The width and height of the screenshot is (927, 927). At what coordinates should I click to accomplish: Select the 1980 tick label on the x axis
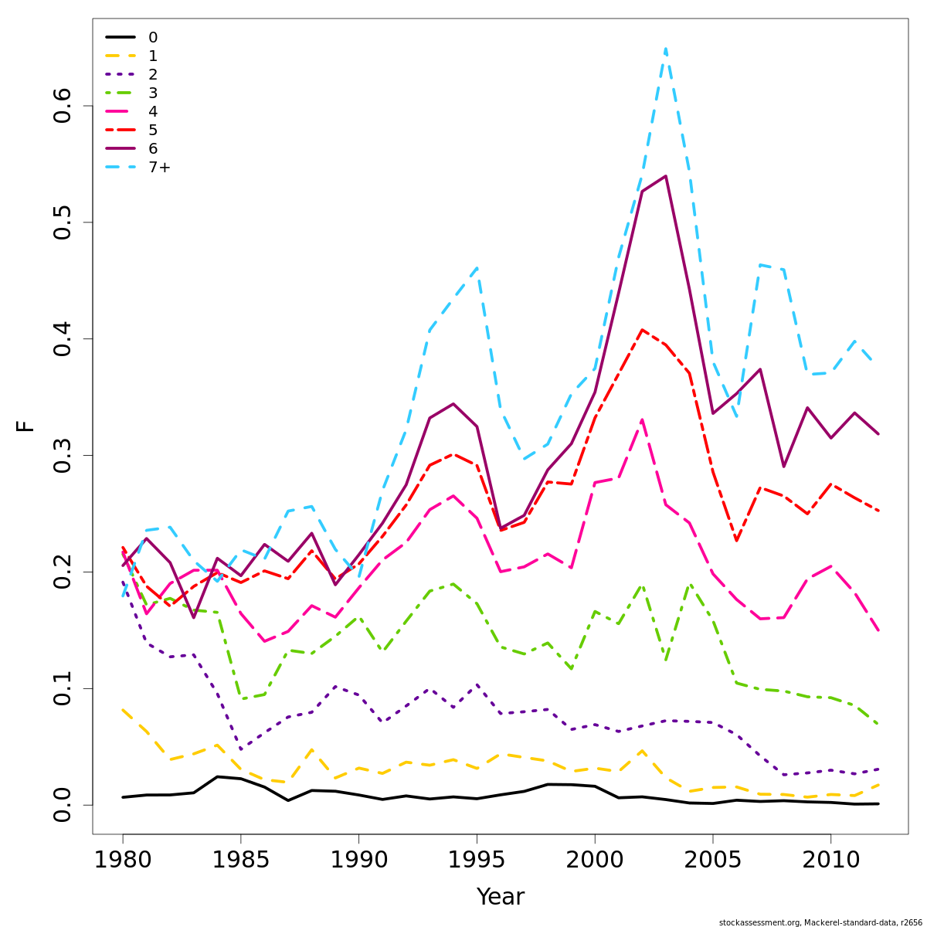coord(123,860)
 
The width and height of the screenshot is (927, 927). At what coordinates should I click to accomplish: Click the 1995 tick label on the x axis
coord(477,860)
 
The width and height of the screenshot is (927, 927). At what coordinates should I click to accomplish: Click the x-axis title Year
coord(500,897)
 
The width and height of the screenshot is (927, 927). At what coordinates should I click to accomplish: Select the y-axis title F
coord(25,426)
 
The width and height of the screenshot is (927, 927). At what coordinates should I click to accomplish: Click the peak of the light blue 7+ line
coord(665,48)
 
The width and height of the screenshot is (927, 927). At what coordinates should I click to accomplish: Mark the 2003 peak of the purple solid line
coord(665,176)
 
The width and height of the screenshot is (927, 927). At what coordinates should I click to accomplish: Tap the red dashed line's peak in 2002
coord(642,330)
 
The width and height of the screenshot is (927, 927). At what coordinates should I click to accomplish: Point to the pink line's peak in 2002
coord(642,419)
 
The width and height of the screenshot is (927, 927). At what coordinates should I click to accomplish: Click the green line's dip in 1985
coord(241,698)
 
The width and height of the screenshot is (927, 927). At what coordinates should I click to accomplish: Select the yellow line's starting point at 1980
coord(123,709)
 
